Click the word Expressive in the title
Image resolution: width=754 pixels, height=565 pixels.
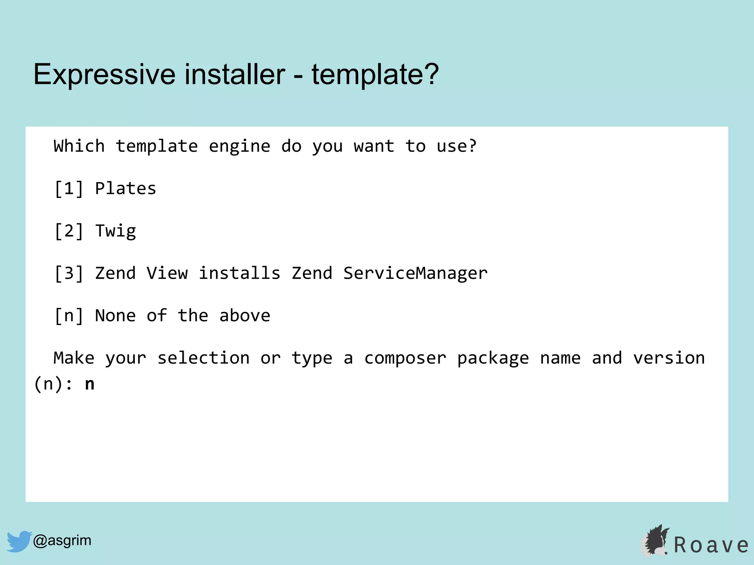point(104,74)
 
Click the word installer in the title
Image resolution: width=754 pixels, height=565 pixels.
point(235,74)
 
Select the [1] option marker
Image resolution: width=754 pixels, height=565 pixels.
point(69,189)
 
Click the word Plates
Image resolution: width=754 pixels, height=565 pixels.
point(126,189)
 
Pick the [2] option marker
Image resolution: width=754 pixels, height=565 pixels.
point(69,231)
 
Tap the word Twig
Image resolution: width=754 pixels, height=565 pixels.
point(116,231)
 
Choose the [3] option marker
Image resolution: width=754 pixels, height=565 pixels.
point(69,273)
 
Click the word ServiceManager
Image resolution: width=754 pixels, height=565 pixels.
point(415,273)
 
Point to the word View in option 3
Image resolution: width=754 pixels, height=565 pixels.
point(167,273)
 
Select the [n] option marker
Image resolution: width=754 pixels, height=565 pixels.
point(69,316)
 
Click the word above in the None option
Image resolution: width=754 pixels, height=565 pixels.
point(245,316)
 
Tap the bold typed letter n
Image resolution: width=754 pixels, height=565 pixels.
point(90,384)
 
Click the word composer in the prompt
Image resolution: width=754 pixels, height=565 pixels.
point(405,358)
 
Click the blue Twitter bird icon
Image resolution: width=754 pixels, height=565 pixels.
point(19,541)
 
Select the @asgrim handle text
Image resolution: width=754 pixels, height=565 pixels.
point(62,540)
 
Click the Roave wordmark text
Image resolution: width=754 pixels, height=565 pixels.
point(711,545)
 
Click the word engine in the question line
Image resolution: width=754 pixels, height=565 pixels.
point(240,146)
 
